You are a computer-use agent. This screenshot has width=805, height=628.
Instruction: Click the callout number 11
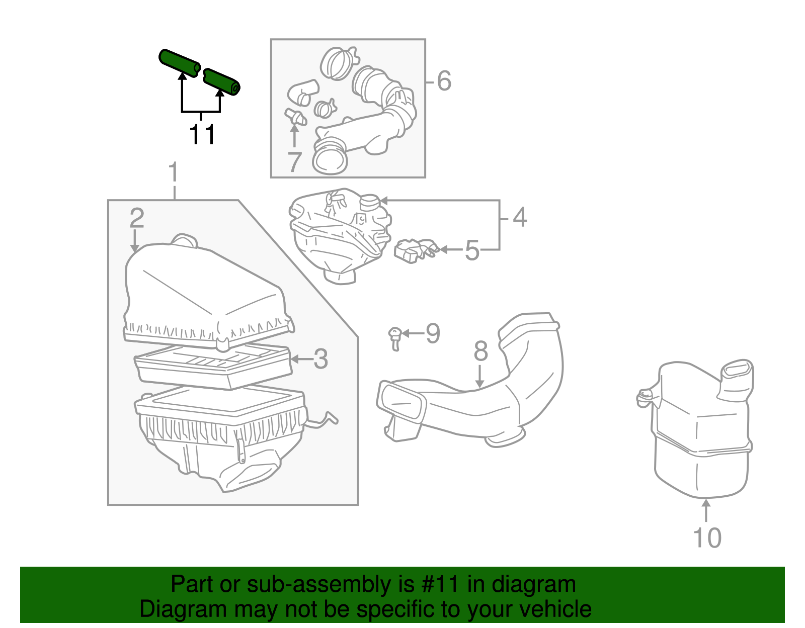[x=202, y=134]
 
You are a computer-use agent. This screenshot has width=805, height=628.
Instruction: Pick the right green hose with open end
[x=222, y=81]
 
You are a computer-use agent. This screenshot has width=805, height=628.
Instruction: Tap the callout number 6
[x=444, y=81]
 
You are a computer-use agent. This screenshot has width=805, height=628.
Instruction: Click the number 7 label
[x=294, y=162]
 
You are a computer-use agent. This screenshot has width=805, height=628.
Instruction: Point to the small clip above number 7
[x=296, y=117]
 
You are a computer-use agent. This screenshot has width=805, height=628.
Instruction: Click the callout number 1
[x=174, y=172]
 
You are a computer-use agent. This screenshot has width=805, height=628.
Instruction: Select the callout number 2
[x=136, y=218]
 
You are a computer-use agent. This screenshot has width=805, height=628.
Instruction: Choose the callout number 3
[x=320, y=359]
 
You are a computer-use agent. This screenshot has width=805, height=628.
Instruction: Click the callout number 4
[x=520, y=217]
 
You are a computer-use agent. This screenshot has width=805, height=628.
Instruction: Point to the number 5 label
[x=471, y=250]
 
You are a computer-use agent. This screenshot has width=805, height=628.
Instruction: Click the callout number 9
[x=433, y=333]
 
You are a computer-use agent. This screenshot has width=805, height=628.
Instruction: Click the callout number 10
[x=707, y=538]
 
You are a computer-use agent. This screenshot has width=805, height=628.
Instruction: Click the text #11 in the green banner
[x=437, y=585]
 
